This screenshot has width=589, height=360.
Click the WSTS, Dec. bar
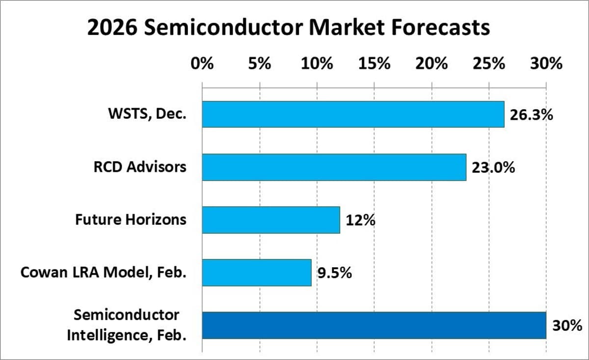click(x=353, y=114)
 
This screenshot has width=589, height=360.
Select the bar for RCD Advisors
click(x=334, y=167)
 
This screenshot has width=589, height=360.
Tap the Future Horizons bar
click(x=271, y=220)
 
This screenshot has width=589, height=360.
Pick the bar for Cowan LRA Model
click(x=257, y=273)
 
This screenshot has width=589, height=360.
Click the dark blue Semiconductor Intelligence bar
click(x=374, y=325)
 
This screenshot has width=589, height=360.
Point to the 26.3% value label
click(x=531, y=115)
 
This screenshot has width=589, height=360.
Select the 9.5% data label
click(x=334, y=273)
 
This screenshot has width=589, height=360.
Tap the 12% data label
click(x=360, y=221)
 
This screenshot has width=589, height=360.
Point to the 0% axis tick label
click(x=202, y=64)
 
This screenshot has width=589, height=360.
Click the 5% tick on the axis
click(x=260, y=64)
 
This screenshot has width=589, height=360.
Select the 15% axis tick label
click(x=374, y=64)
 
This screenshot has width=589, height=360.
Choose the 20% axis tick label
click(x=431, y=64)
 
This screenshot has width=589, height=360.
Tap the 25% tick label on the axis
click(x=489, y=64)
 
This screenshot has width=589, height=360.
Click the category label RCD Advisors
click(x=140, y=167)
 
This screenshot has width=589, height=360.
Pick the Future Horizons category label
click(x=131, y=219)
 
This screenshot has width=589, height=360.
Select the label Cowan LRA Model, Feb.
click(x=104, y=273)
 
